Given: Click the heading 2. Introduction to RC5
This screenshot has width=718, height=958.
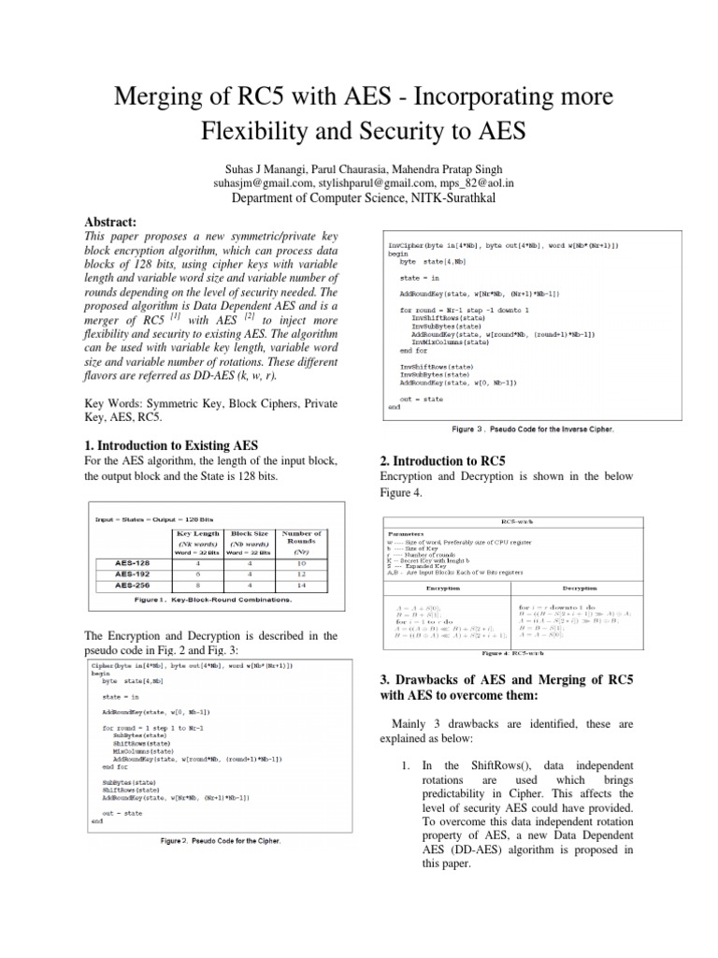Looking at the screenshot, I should tap(442, 461).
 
